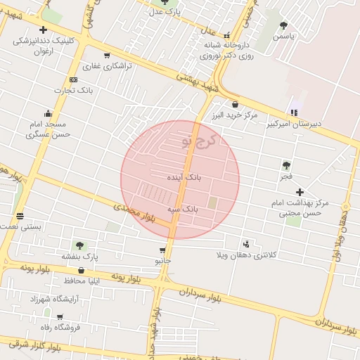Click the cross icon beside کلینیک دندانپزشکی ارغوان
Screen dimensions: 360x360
click(x=44, y=30)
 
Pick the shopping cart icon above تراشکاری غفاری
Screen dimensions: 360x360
click(x=106, y=56)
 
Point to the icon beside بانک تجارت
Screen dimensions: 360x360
click(x=73, y=80)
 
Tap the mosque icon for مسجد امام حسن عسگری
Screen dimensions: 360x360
click(x=48, y=113)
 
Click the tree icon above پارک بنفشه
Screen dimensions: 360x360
click(x=79, y=245)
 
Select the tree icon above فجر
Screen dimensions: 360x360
click(x=286, y=165)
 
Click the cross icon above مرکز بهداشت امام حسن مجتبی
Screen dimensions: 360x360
click(x=300, y=192)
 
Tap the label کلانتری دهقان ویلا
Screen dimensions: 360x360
click(x=274, y=254)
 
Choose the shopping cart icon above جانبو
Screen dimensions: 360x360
click(x=162, y=250)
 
